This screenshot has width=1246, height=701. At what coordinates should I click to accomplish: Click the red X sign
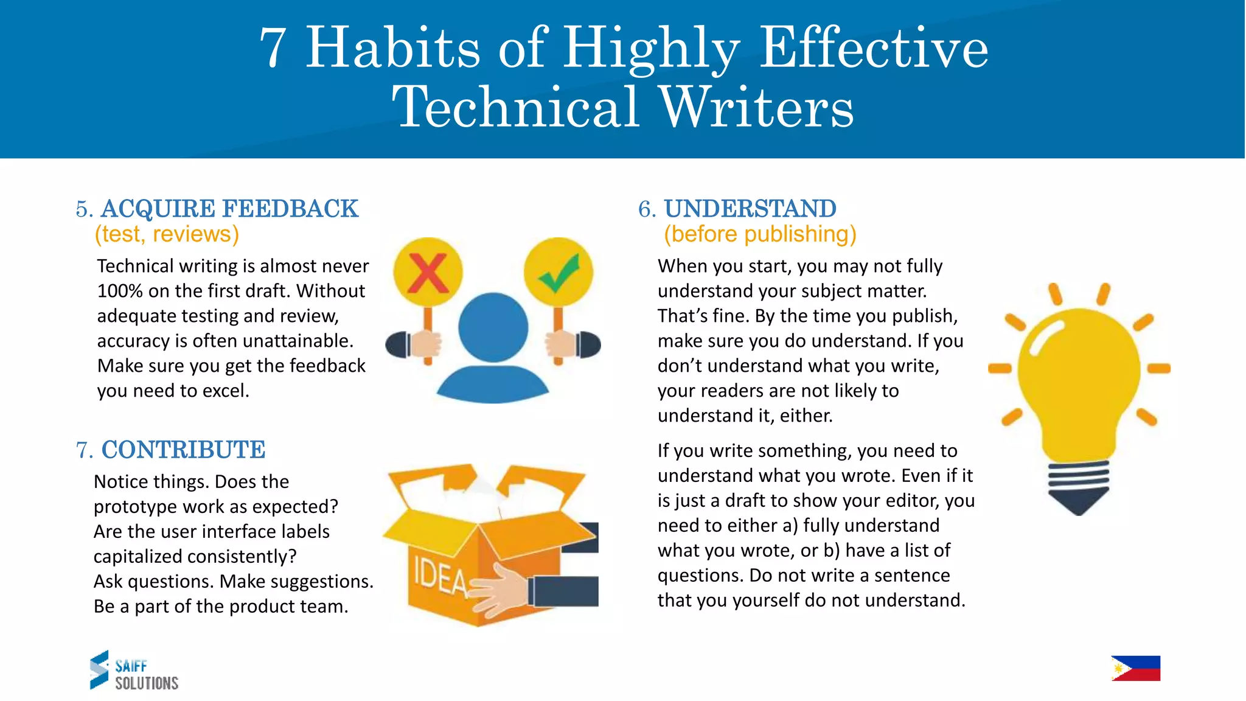pos(428,273)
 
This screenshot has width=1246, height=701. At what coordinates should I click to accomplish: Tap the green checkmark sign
pos(559,273)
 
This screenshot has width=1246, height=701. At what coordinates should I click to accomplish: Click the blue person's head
pos(493,327)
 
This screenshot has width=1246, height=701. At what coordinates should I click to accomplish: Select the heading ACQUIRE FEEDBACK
pos(229,209)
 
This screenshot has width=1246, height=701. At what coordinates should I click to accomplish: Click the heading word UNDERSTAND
pos(750,209)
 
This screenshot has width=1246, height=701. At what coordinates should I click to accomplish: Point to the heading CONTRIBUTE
pos(183,450)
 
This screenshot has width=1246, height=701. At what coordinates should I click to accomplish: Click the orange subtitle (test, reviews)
pos(167,234)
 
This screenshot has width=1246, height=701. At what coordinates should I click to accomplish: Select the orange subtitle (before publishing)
pos(760,234)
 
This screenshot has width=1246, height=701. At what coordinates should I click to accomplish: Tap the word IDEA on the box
pos(439,576)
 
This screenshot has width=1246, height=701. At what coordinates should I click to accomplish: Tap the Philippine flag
pos(1135,668)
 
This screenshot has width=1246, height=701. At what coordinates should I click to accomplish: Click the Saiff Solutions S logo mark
pos(99,669)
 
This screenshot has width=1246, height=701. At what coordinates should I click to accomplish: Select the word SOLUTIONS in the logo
pos(147,683)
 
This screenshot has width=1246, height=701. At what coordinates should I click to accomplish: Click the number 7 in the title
pos(273,48)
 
